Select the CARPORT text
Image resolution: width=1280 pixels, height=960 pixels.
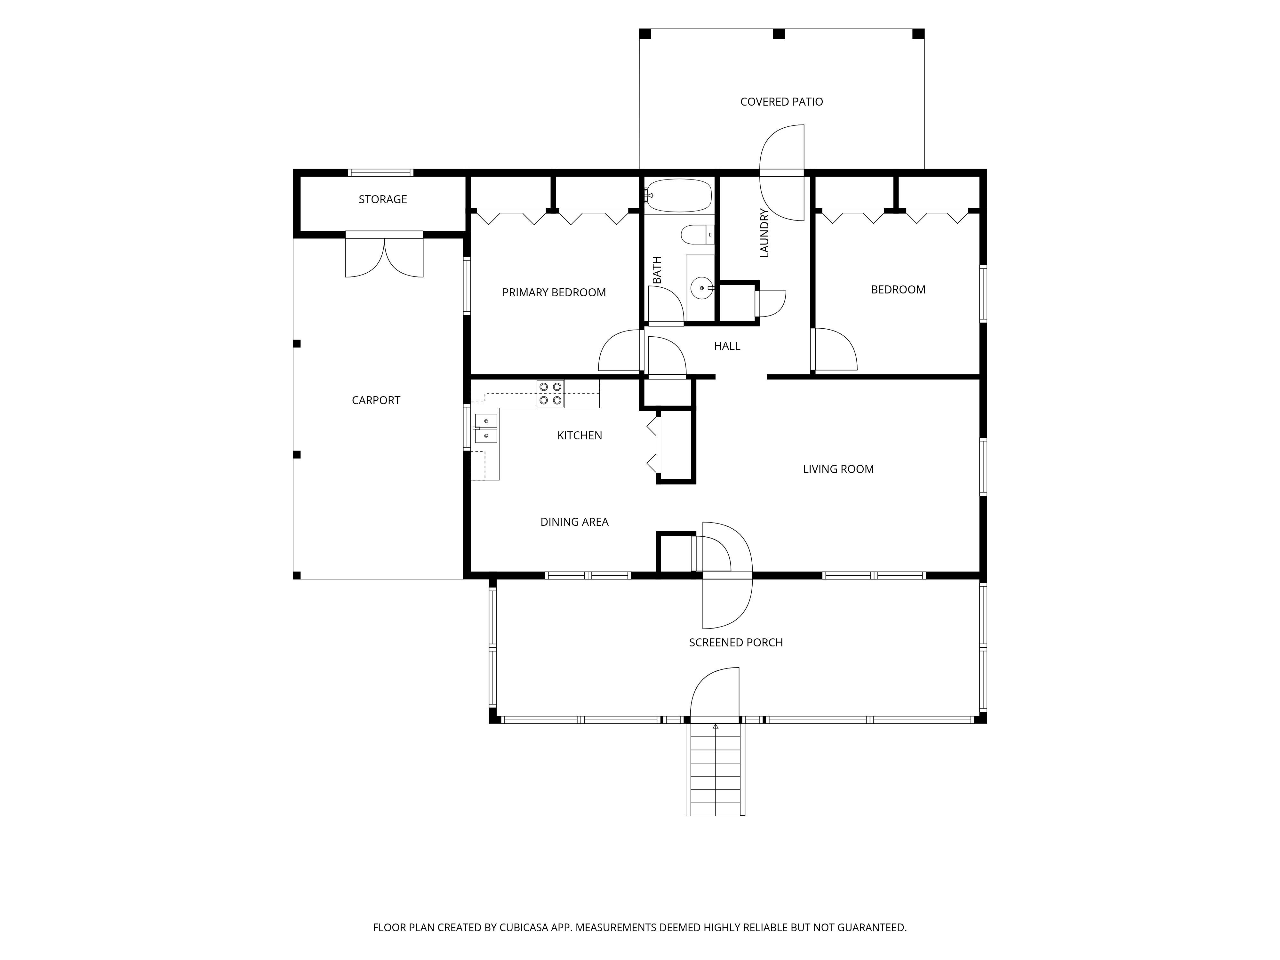(x=376, y=400)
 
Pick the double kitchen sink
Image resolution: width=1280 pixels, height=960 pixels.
(x=486, y=428)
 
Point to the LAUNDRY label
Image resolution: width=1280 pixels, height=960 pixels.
(x=764, y=233)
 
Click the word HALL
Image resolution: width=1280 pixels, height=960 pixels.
(x=727, y=346)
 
